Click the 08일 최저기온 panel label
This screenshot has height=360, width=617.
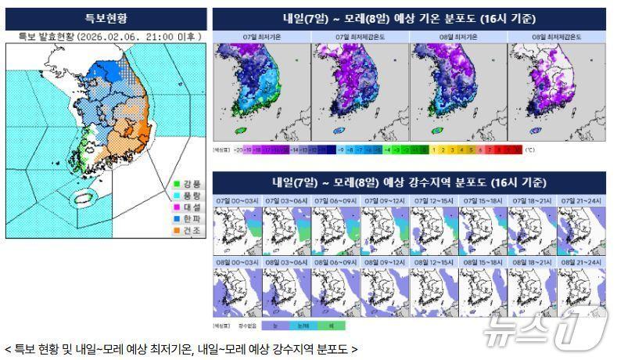tap(457, 37)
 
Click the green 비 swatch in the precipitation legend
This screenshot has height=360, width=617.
tap(331, 325)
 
